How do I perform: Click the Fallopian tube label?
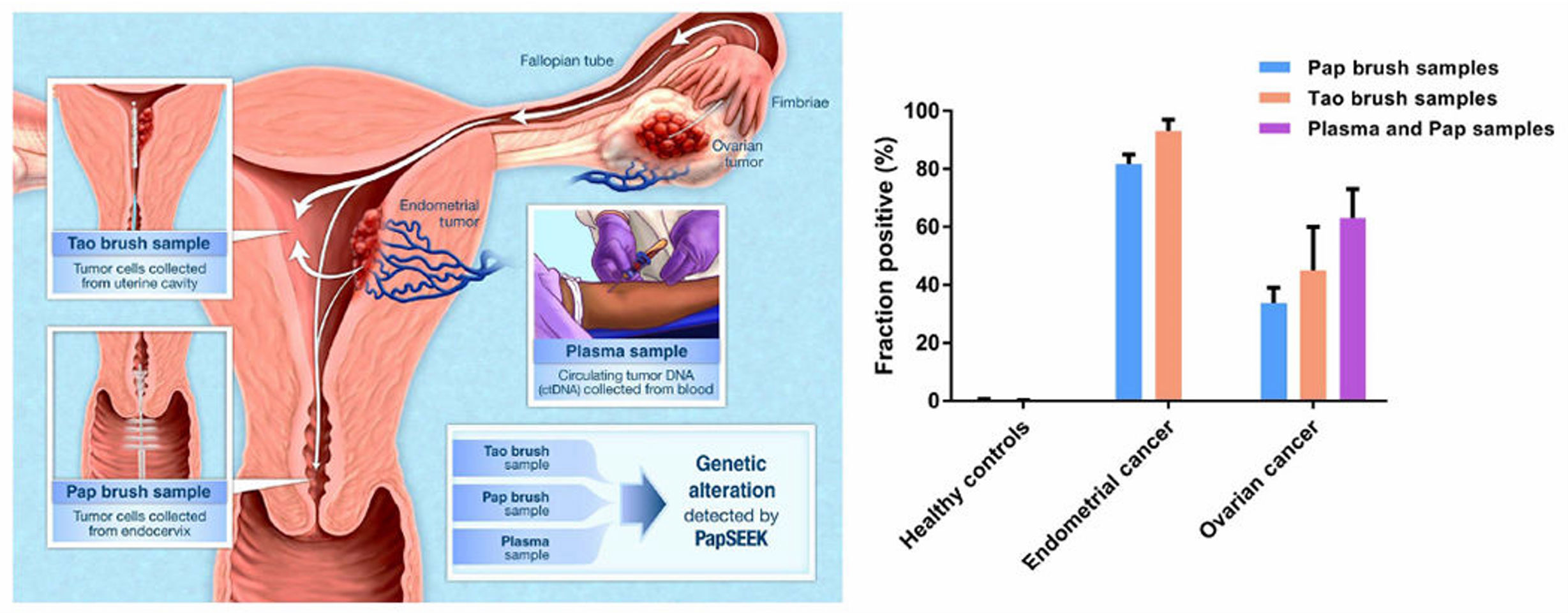click(x=566, y=61)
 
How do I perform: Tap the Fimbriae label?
click(x=800, y=103)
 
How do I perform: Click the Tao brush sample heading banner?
click(x=138, y=244)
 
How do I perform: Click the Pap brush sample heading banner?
click(x=138, y=492)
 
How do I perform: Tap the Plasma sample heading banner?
click(x=626, y=351)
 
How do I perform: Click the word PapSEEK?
click(x=731, y=539)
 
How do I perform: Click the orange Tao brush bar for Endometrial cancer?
click(x=1168, y=265)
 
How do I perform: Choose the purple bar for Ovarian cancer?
click(x=1352, y=309)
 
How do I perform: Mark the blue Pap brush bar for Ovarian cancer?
click(x=1274, y=351)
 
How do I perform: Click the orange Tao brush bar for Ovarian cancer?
click(x=1313, y=336)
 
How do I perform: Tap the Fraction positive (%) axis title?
click(x=885, y=255)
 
